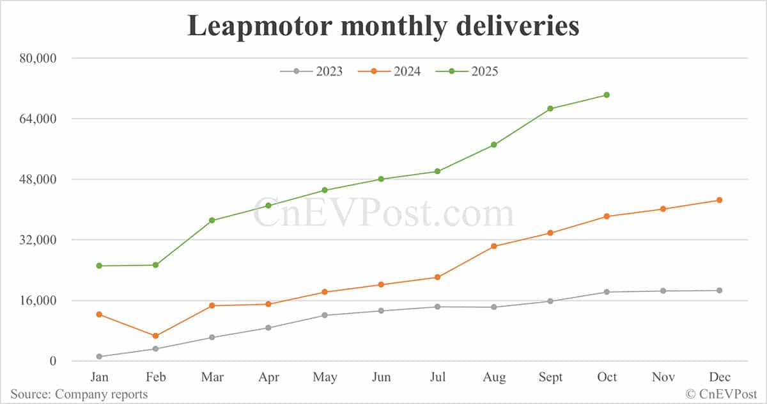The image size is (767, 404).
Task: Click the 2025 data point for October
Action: [607, 95]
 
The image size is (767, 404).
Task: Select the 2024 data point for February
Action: [155, 335]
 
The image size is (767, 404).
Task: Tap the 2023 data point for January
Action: [99, 357]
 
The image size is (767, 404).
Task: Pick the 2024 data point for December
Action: [719, 200]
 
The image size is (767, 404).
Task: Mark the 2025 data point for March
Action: [212, 220]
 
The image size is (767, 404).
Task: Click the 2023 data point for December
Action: [719, 291]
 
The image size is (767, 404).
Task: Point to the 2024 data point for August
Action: [493, 246]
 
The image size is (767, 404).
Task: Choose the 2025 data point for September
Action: [550, 109]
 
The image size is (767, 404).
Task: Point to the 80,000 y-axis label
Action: [36, 58]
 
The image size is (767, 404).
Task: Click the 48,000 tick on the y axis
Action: [36, 179]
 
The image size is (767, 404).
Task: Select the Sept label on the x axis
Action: [550, 377]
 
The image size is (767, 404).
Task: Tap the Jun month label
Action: [381, 377]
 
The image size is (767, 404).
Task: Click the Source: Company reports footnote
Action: [79, 394]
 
